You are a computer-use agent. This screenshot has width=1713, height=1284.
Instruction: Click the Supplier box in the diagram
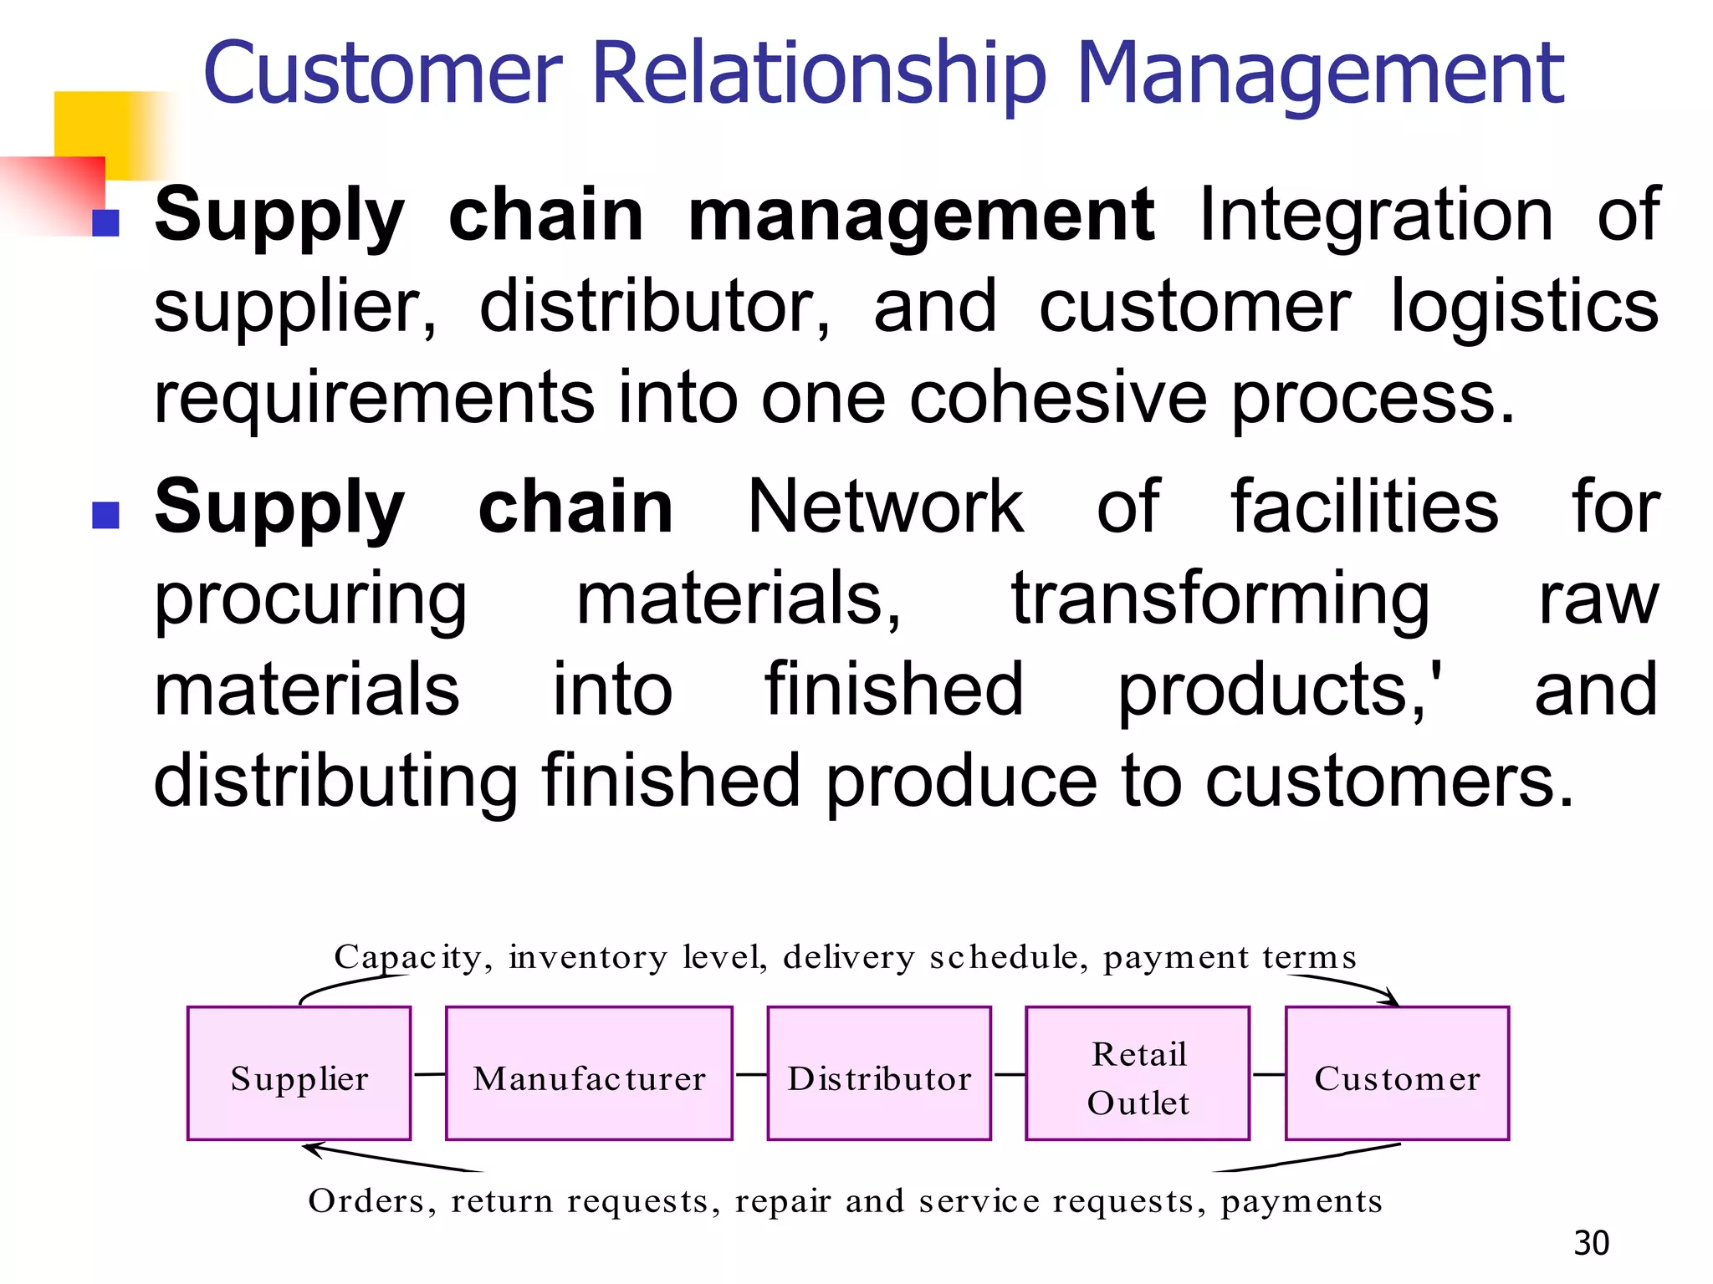[299, 1073]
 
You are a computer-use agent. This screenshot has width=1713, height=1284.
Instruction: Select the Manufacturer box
[589, 1073]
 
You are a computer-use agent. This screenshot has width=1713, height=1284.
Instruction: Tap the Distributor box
[879, 1073]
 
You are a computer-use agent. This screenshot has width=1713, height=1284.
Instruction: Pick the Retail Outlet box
[1138, 1073]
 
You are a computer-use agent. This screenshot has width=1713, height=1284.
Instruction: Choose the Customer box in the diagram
[1397, 1073]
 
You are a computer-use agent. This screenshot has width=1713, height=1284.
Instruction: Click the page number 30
[1591, 1243]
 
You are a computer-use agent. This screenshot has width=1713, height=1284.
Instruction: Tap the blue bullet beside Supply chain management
[105, 222]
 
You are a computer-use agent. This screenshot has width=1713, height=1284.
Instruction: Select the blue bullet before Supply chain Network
[105, 515]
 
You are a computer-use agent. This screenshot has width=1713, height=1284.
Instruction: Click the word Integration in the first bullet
[1376, 215]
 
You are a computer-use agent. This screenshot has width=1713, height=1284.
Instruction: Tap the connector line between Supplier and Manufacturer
[429, 1074]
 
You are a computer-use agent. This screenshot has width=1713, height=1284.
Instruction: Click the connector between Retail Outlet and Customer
[1268, 1074]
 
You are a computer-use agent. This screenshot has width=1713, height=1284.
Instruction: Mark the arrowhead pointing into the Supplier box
[312, 1149]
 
